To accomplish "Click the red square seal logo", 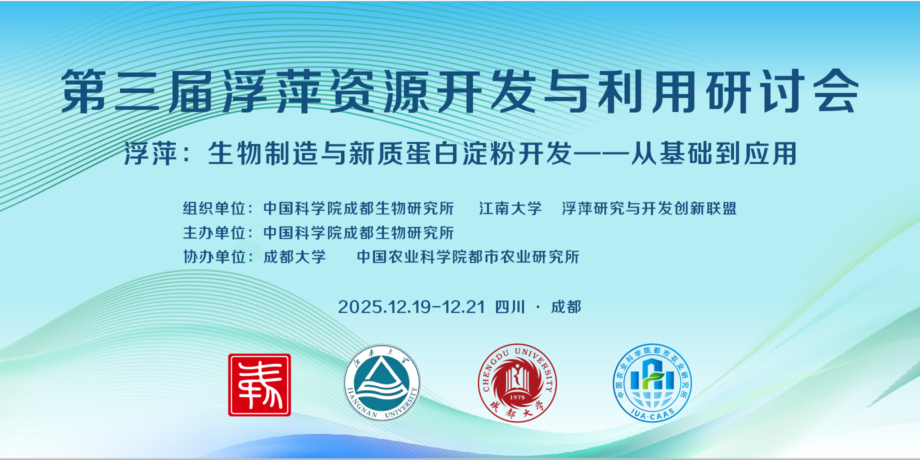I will pyautogui.click(x=259, y=385).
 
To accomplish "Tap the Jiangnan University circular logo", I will pyautogui.click(x=382, y=383).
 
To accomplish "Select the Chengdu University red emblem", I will pyautogui.click(x=517, y=383).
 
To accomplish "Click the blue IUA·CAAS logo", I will pyautogui.click(x=652, y=383).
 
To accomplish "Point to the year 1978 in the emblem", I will pyautogui.click(x=517, y=397).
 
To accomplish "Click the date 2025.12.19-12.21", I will pyautogui.click(x=411, y=307).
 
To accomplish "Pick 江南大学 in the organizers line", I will pyautogui.click(x=510, y=208).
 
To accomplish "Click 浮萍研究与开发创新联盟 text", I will pyautogui.click(x=649, y=208).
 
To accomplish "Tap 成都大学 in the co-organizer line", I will pyautogui.click(x=294, y=257).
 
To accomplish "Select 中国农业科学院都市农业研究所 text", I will pyautogui.click(x=468, y=257).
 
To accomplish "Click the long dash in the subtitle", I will pyautogui.click(x=601, y=153).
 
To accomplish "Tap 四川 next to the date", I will pyautogui.click(x=510, y=307).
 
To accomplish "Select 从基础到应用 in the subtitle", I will pyautogui.click(x=713, y=153).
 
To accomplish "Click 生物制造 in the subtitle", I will pyautogui.click(x=263, y=153).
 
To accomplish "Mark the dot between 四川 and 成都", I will pyautogui.click(x=538, y=306).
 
